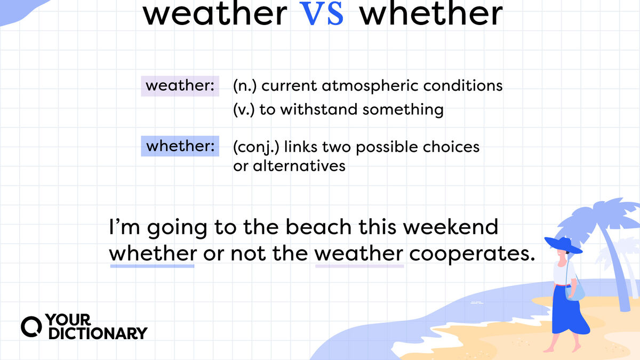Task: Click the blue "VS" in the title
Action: [x=322, y=13]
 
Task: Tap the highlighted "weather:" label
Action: [x=180, y=86]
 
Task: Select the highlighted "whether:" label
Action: [x=180, y=146]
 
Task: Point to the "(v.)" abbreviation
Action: [x=244, y=110]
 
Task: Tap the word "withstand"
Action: [x=319, y=109]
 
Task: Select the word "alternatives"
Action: [x=299, y=166]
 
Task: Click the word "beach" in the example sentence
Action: [x=318, y=227]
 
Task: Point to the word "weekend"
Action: [x=451, y=227]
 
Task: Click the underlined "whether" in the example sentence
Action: [x=153, y=253]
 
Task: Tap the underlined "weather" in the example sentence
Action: [x=359, y=253]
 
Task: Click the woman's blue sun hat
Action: [x=563, y=245]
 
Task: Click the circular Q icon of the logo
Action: [x=31, y=327]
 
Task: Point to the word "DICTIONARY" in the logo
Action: [x=98, y=333]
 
